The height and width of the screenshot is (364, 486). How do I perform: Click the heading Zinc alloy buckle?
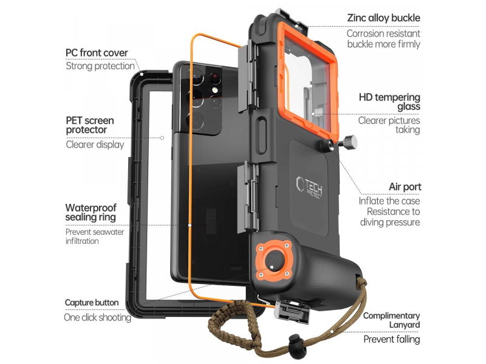click(383, 18)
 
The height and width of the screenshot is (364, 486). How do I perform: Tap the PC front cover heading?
click(97, 53)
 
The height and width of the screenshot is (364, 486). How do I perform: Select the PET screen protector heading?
click(90, 125)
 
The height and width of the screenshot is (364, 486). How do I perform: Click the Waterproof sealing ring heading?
click(91, 212)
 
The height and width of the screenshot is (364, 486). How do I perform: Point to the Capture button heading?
click(92, 303)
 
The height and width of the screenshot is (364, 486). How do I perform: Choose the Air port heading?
click(405, 187)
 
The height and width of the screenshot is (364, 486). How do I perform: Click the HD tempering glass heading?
click(389, 102)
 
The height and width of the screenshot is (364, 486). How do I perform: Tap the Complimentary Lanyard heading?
click(391, 320)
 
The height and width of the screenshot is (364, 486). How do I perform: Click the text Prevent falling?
click(392, 339)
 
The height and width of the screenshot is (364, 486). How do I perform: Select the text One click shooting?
click(98, 317)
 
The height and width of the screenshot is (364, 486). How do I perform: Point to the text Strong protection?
click(100, 66)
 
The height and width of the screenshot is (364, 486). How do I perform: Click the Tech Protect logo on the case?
click(309, 187)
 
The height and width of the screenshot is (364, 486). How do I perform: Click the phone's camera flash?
click(214, 90)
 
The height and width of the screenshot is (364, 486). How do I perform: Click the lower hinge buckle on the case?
click(248, 197)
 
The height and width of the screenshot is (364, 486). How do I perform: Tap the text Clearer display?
click(95, 144)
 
